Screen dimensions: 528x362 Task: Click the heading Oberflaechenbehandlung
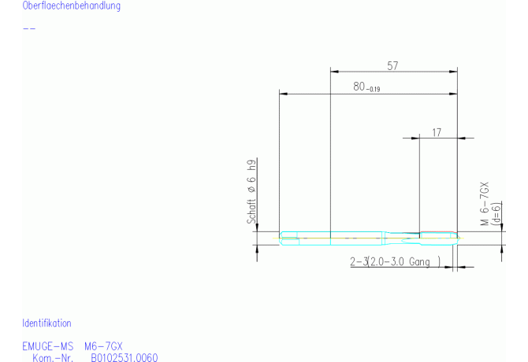[x=72, y=6]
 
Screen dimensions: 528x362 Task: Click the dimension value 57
[x=392, y=66]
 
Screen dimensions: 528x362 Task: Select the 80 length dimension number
[x=359, y=87]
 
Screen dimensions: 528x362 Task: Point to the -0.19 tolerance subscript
[x=373, y=90]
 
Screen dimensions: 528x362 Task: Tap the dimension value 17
[x=437, y=133]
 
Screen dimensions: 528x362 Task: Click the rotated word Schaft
[x=251, y=211]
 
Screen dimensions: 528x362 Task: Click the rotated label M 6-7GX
[x=484, y=204]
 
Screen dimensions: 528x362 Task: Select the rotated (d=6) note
[x=496, y=212]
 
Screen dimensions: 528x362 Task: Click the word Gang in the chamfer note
[x=419, y=262]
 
